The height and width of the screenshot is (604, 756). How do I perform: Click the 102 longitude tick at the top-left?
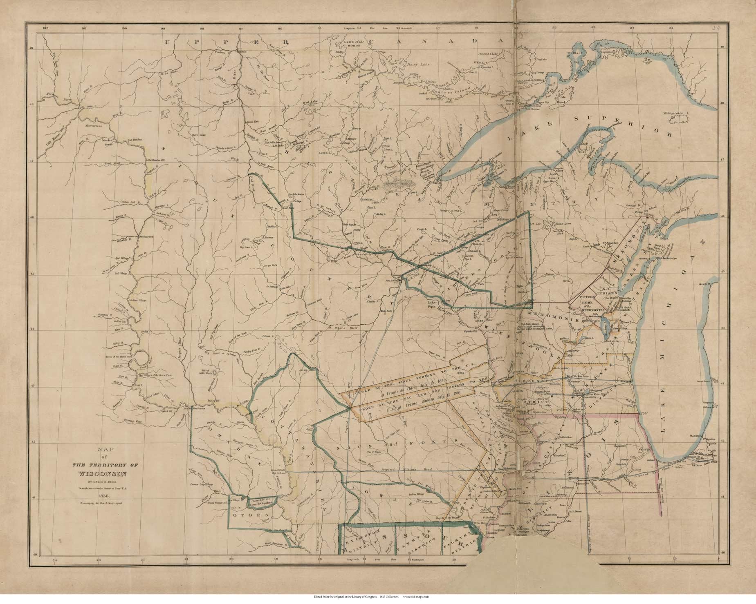[x=45, y=29]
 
